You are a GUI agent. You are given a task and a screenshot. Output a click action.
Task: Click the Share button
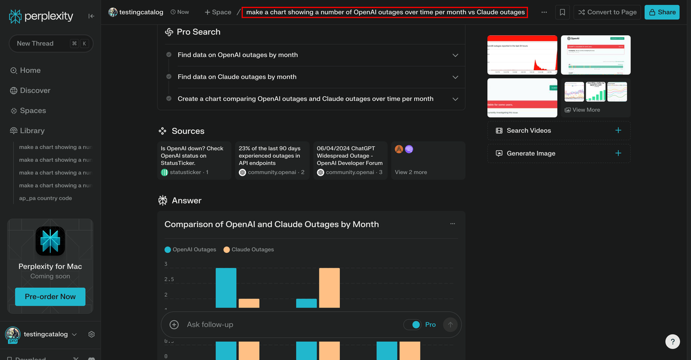(x=662, y=12)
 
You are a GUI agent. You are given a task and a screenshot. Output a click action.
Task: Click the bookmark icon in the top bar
(x=563, y=12)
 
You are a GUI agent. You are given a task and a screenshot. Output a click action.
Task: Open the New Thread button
(x=51, y=43)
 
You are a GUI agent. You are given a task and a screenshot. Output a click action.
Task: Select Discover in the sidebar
(x=35, y=90)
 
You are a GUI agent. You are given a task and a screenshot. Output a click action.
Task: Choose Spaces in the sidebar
(x=33, y=111)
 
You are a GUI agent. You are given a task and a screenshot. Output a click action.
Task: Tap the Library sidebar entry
(x=32, y=131)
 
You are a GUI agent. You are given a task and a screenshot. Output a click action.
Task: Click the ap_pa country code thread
(x=45, y=198)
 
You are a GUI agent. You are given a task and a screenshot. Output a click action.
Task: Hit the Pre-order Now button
(x=50, y=297)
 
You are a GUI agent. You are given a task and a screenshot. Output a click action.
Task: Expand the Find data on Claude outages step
(x=311, y=77)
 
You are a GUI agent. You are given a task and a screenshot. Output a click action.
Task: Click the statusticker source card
(x=194, y=160)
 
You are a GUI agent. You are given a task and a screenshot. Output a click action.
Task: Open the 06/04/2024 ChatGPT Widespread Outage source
(x=350, y=160)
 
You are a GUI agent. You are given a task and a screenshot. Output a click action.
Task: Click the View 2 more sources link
(x=411, y=172)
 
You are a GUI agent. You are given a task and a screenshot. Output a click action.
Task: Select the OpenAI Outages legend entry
(x=190, y=249)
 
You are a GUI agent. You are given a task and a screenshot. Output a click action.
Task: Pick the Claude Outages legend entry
(x=248, y=249)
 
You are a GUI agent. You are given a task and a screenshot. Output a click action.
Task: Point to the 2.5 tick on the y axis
(x=169, y=279)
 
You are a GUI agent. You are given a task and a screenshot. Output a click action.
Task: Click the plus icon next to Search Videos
(x=618, y=131)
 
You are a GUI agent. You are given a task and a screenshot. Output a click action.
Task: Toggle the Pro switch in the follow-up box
(x=412, y=325)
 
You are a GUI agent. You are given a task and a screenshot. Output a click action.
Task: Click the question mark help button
(x=672, y=341)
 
